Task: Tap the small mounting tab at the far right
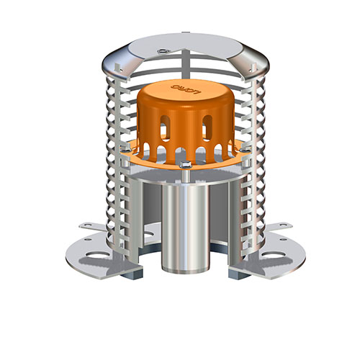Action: tap(279, 226)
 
